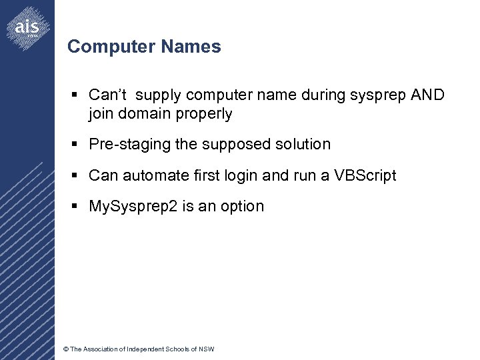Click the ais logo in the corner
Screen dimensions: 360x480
point(27,27)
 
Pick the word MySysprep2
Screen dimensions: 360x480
point(134,207)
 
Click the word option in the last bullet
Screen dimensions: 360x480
point(241,207)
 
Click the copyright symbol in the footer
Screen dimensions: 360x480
point(65,349)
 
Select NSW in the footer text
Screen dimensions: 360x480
point(207,349)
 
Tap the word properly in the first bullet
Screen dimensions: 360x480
point(203,114)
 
